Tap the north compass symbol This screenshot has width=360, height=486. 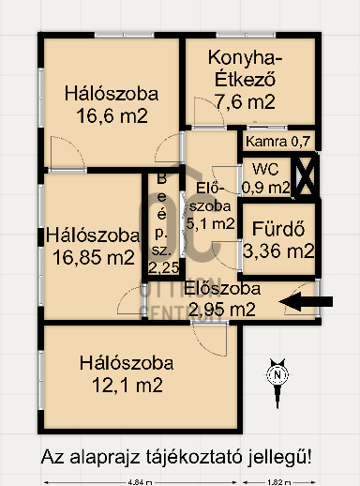pos(277,374)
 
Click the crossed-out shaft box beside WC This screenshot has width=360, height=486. pos(306,176)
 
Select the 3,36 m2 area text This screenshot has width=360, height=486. pos(277,251)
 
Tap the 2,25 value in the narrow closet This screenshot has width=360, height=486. pos(161,268)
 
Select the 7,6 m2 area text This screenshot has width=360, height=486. pos(246,101)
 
